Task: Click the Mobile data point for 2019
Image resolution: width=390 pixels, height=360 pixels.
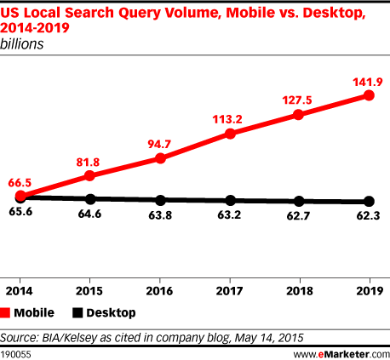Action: coord(369,95)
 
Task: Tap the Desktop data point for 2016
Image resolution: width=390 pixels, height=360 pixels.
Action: coord(162,200)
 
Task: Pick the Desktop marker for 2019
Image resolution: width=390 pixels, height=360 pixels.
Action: coord(369,202)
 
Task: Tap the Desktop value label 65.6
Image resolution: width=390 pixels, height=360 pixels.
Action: coord(22,215)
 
